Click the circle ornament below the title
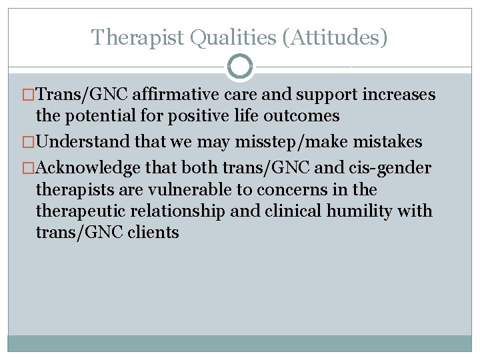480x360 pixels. click(x=239, y=67)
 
